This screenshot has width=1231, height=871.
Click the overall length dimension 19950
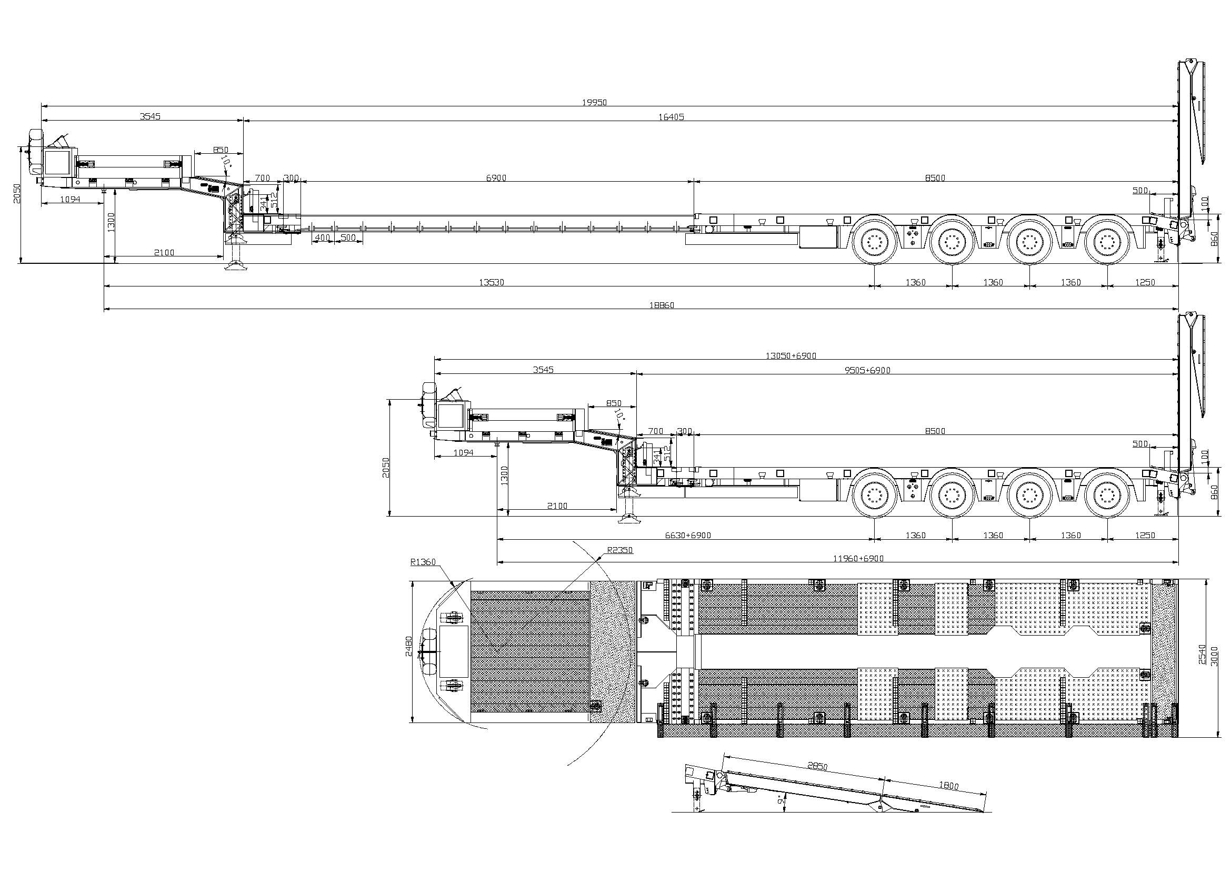pos(594,102)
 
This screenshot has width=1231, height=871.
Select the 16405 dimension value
pos(671,116)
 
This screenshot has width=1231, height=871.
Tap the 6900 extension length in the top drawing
pos(496,178)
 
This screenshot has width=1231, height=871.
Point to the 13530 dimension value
pos(491,282)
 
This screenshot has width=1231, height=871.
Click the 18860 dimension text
pos(662,305)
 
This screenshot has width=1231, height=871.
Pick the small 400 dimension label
pos(322,237)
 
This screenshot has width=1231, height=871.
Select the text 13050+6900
pos(791,355)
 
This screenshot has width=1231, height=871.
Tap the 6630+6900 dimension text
pos(688,535)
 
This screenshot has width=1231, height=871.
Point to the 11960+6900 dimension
pos(858,558)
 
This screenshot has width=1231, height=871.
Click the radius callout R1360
pos(423,562)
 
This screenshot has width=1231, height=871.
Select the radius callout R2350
pos(620,550)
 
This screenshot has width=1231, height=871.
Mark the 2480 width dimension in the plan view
pos(408,646)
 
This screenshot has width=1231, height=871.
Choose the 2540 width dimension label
pos(1202,655)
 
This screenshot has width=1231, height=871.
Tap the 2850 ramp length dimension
pos(818,766)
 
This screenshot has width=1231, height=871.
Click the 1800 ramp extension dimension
pos(948,786)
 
